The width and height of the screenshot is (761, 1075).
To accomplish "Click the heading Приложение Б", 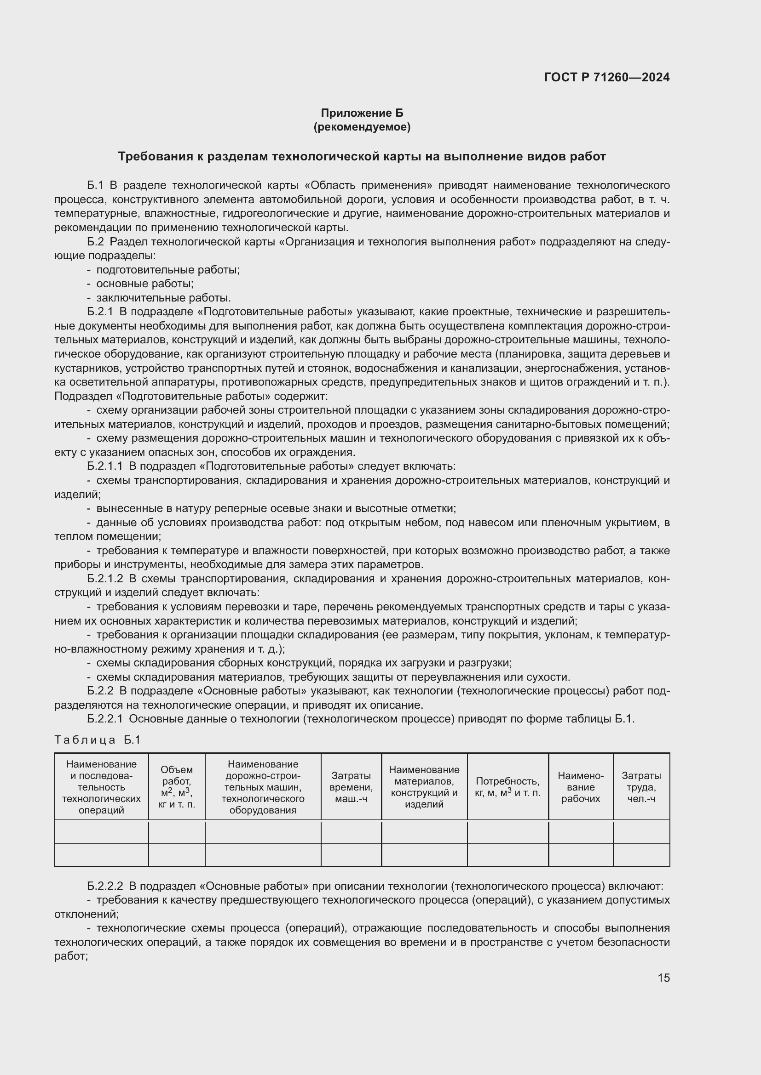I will tap(362, 113).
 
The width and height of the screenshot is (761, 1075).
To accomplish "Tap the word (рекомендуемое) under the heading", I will tap(362, 127).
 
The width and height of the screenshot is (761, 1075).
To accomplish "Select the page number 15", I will tap(663, 978).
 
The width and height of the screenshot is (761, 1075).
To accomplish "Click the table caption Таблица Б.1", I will tap(98, 740).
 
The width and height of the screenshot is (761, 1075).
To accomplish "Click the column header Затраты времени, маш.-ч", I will tap(351, 787).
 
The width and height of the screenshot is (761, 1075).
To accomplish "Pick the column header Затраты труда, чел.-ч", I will tap(641, 787).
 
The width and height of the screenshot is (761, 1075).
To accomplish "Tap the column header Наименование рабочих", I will tap(581, 787).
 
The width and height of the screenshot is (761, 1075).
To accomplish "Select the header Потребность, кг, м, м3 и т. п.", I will tap(507, 787).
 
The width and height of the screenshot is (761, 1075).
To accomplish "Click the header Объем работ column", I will tap(177, 787).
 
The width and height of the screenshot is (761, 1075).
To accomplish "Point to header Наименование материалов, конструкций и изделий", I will tap(424, 787).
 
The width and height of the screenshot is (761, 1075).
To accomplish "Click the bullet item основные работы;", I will tap(145, 284).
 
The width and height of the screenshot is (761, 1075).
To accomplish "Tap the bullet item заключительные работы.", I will tap(163, 298).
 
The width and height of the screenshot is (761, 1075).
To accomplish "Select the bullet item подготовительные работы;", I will tap(168, 270).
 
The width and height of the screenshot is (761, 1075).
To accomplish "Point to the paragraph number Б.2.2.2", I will tap(105, 886).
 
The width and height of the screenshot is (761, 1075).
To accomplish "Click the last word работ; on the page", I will tap(71, 956).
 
